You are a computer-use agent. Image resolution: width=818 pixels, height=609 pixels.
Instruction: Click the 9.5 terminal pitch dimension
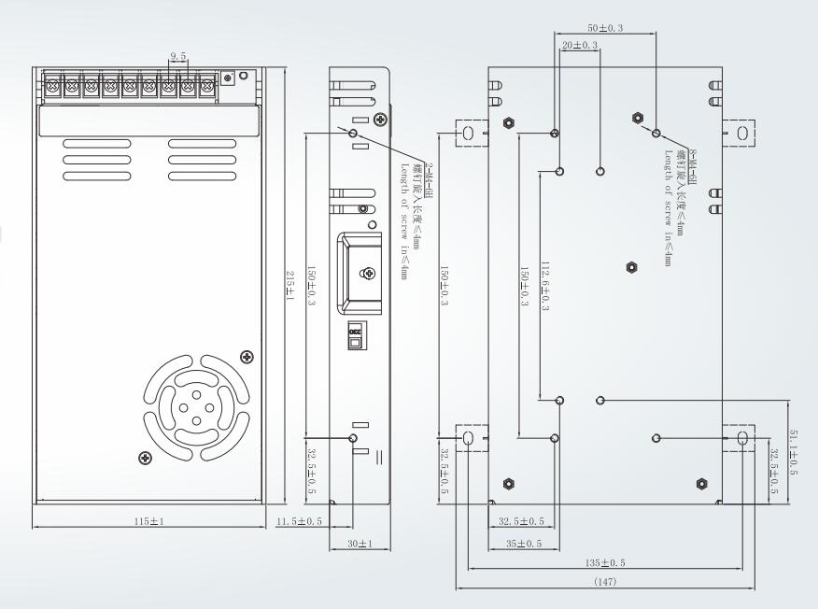[177, 57]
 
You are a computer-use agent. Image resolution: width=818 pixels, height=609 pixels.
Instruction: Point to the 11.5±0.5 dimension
[299, 519]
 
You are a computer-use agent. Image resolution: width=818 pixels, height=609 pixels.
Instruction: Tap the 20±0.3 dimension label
[579, 45]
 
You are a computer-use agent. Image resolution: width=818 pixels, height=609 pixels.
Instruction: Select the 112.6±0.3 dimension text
[544, 284]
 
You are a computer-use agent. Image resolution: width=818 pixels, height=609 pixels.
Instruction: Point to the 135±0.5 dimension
[605, 563]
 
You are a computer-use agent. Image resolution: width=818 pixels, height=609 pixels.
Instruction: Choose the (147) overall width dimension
[605, 582]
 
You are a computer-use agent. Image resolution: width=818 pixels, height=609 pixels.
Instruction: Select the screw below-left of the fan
[145, 457]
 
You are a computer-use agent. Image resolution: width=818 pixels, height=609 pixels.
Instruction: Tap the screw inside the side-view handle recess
[368, 273]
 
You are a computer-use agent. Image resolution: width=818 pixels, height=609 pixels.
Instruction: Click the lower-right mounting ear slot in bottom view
[742, 438]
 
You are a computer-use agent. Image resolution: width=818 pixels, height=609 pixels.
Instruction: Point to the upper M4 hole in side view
[353, 134]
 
